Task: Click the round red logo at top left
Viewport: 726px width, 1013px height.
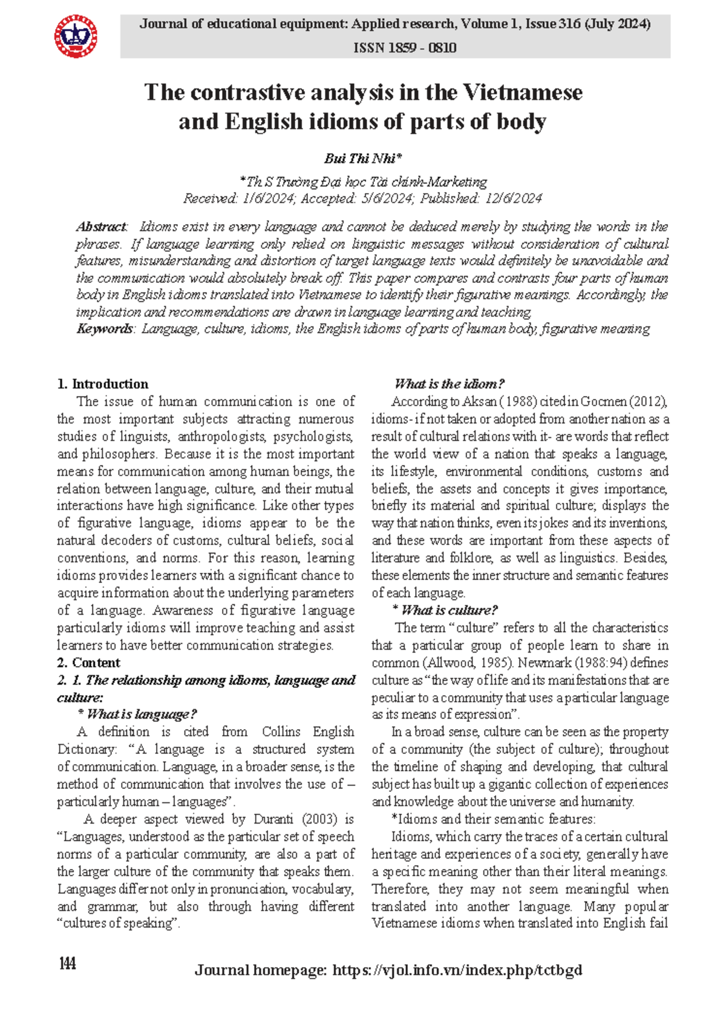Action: point(76,36)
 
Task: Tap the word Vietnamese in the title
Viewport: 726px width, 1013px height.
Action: point(523,93)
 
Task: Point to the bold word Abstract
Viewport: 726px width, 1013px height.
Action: point(101,227)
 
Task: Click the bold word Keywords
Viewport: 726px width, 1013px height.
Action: point(105,329)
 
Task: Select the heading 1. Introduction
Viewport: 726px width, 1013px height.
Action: point(102,384)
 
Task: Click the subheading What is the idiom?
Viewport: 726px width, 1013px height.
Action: point(449,384)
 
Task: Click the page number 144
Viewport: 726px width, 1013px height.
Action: point(67,963)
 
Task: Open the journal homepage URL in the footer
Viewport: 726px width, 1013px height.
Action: point(457,971)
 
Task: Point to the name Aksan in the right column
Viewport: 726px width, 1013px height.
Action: point(480,401)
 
